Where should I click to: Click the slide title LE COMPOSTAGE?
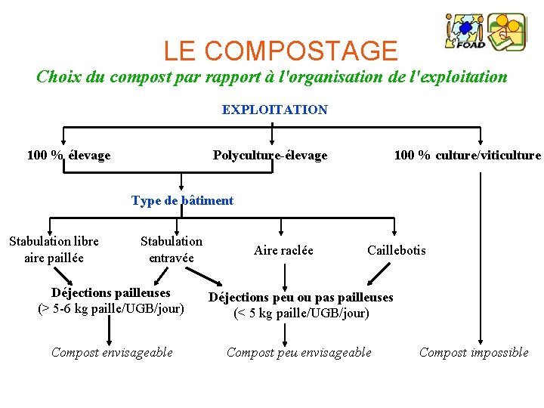coord(280,51)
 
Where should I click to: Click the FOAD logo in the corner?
coord(485,32)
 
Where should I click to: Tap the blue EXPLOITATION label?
coord(274,110)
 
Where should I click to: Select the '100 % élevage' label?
coord(69,156)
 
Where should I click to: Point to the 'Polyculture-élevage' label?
coord(270,156)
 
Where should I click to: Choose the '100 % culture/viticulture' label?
coord(467,156)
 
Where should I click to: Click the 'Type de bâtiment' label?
coord(182,200)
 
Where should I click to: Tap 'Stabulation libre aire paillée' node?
coord(54,249)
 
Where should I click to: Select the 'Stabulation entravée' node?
coord(172,249)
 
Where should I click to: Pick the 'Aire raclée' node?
coord(283,250)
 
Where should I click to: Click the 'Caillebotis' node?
coord(396,250)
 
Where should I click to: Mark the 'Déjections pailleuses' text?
coord(111,292)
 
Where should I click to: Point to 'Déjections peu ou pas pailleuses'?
coord(301,297)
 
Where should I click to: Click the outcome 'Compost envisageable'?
coord(112,352)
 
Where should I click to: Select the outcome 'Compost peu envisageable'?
coord(299,352)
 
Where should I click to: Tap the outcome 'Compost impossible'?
coord(474,352)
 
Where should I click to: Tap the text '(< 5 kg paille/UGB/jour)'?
coord(301,313)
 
